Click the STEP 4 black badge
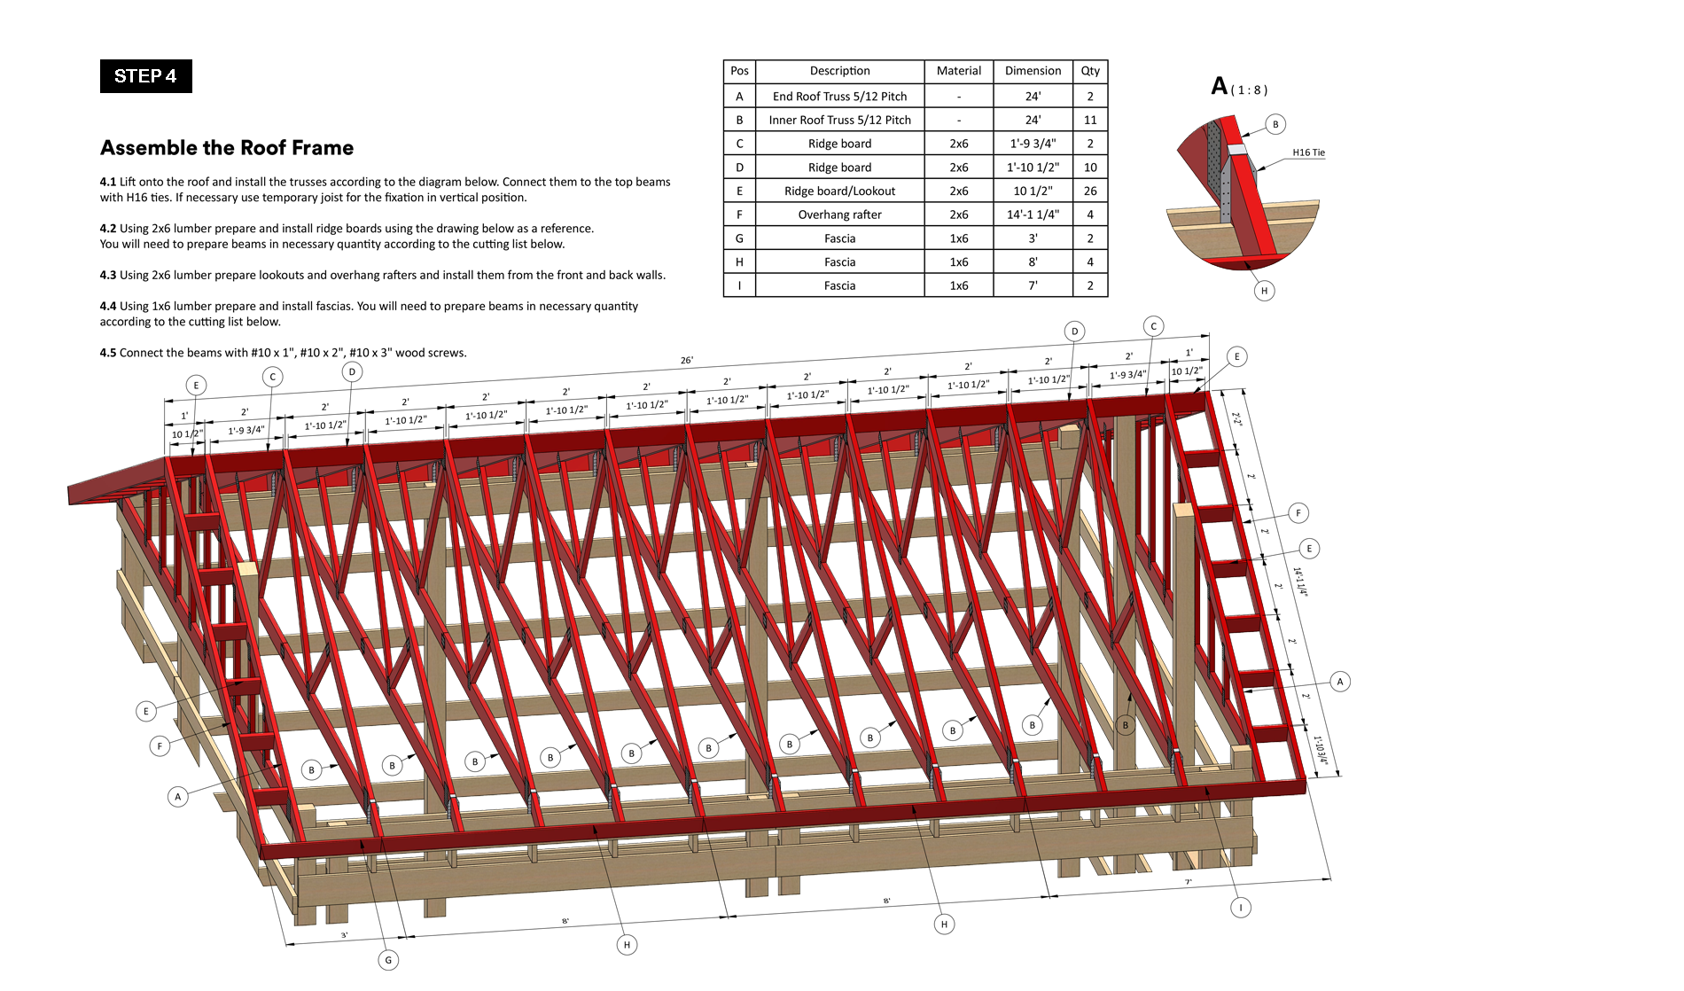(x=146, y=76)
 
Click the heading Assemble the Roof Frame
(x=227, y=148)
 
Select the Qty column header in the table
(x=1090, y=71)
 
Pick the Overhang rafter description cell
(x=839, y=215)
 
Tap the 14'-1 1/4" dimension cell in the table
(x=1033, y=215)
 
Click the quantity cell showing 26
(x=1090, y=191)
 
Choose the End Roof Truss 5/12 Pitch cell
(x=839, y=97)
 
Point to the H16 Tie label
(x=1308, y=152)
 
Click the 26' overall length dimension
(x=687, y=360)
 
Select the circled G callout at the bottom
(x=388, y=960)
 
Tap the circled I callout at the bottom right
(x=1241, y=908)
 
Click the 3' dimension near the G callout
(x=345, y=935)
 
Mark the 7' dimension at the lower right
(x=1189, y=882)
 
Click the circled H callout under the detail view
(x=1264, y=291)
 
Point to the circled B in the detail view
(x=1275, y=124)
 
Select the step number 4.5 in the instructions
(x=108, y=353)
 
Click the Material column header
(x=959, y=71)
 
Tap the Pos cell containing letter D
(x=739, y=168)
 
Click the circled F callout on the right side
(x=1298, y=513)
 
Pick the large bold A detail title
(x=1220, y=86)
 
